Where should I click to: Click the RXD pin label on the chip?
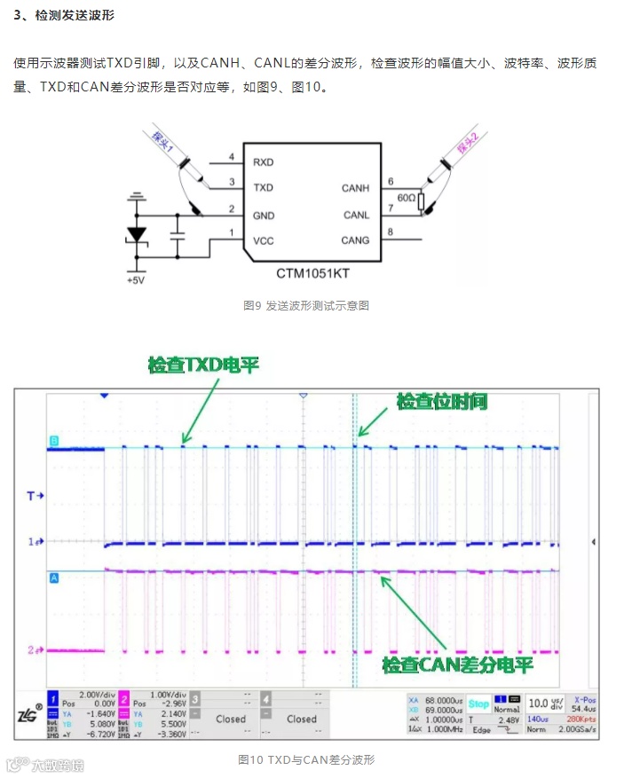coord(263,162)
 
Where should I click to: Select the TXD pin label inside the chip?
coord(263,188)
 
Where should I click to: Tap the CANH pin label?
coord(355,188)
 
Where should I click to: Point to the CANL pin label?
coord(355,215)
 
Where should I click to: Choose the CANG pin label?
coord(355,240)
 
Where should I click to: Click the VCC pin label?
coord(263,240)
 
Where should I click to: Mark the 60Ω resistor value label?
coord(406,198)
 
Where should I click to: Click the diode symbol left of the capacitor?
coord(136,234)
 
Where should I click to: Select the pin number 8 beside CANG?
coord(390,233)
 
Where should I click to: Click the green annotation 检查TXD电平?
coord(204,365)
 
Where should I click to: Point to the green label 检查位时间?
coord(441,401)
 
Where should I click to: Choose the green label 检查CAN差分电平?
coord(457,664)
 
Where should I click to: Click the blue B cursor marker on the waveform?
coord(53,441)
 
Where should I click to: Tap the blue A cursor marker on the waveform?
coord(53,578)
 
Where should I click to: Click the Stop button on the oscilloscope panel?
coord(478,703)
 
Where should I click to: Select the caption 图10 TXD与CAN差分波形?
coord(306,759)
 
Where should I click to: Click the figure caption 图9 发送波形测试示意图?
coord(305,305)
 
